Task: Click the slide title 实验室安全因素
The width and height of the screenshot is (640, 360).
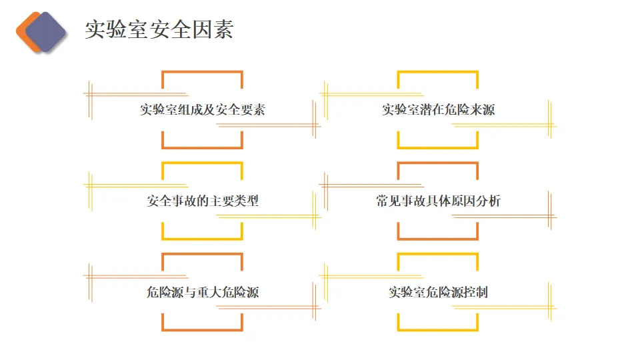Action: (x=159, y=30)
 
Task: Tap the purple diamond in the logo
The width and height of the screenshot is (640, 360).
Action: (x=45, y=32)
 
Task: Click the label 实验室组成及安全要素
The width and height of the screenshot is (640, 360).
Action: (x=202, y=110)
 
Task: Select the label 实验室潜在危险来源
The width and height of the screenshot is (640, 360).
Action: (x=438, y=110)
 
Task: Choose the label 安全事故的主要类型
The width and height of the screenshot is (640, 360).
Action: (x=202, y=201)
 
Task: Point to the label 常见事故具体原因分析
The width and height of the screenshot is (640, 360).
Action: (x=438, y=201)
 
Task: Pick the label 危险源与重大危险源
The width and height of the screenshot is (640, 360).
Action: (x=202, y=292)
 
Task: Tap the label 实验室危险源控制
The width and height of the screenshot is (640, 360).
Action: (x=438, y=292)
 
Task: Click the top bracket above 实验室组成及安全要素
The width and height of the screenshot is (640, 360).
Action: (x=202, y=72)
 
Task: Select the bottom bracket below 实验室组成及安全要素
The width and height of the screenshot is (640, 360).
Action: (x=202, y=147)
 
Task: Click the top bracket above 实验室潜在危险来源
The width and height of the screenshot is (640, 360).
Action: (x=438, y=72)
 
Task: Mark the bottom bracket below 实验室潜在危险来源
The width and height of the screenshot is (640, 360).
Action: (x=438, y=147)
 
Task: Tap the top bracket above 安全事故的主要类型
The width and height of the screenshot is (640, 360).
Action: (x=202, y=163)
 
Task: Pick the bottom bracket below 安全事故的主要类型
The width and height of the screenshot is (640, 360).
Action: (x=202, y=239)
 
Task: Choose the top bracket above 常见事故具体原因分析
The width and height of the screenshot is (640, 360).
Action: (x=438, y=163)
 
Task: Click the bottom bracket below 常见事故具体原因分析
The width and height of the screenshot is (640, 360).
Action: (x=438, y=239)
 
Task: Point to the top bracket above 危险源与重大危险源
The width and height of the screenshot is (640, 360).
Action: (x=202, y=254)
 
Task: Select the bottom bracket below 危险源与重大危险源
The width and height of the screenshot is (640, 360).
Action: (x=202, y=329)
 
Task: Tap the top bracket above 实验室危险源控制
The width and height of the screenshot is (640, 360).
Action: (x=438, y=254)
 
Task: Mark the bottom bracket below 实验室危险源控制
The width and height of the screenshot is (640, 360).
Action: (x=438, y=329)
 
